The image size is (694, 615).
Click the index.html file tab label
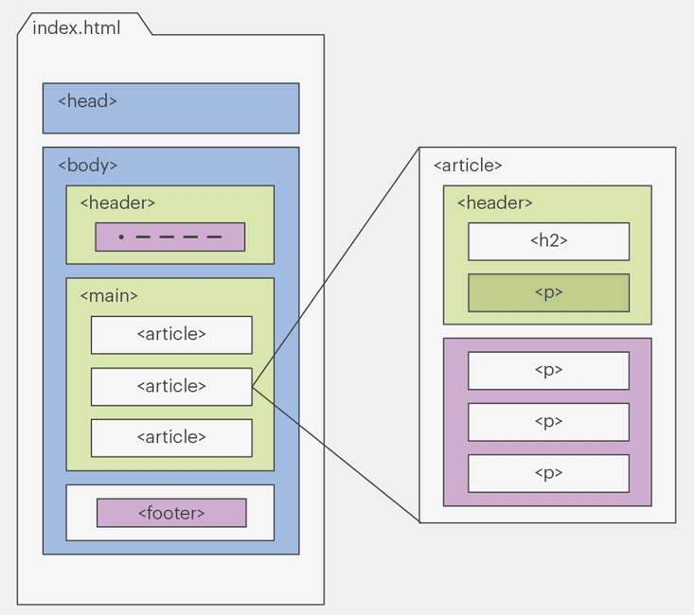(x=77, y=27)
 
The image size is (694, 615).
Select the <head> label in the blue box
(x=87, y=100)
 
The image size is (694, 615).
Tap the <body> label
(x=88, y=165)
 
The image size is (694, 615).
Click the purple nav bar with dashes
(x=170, y=237)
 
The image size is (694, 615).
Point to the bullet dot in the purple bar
(x=121, y=237)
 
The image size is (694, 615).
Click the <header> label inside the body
(x=117, y=202)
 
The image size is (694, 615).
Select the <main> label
(x=109, y=295)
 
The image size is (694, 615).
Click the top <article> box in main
(x=171, y=334)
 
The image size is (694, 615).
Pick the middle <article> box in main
(x=171, y=386)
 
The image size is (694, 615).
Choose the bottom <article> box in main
(x=171, y=437)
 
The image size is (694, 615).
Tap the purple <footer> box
(x=171, y=513)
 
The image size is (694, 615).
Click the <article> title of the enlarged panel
(x=468, y=166)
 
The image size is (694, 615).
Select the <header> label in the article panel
(x=494, y=202)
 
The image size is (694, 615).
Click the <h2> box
(x=548, y=241)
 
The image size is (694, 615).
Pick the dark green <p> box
(x=548, y=292)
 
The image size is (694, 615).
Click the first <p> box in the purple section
(x=548, y=370)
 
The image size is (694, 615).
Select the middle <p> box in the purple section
(x=548, y=422)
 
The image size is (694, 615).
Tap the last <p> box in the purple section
(x=548, y=473)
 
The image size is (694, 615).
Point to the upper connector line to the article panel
(x=335, y=267)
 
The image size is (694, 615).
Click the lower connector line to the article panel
(x=335, y=454)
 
